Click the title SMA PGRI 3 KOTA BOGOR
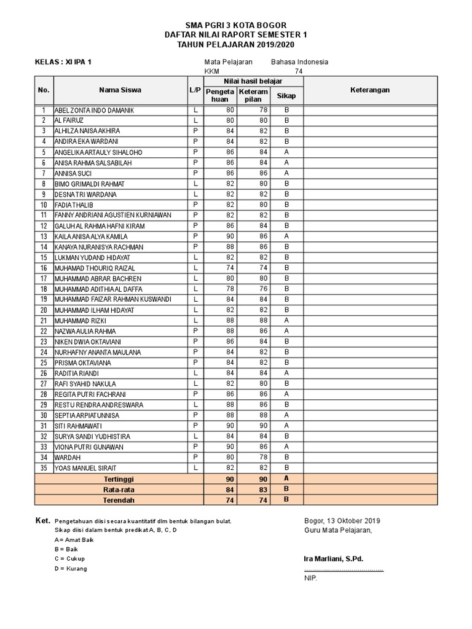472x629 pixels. pos(236,25)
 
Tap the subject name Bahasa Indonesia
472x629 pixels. pos(299,62)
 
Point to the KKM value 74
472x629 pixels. pos(299,71)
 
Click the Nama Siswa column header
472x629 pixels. pos(120,90)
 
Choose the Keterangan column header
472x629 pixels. pos(370,90)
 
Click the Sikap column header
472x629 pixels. pos(286,96)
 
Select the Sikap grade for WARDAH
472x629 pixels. pos(286,458)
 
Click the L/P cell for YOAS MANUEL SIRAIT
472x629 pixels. pos(195,468)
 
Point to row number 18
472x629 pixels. pos(44,289)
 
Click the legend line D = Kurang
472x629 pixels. pos(71,568)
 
